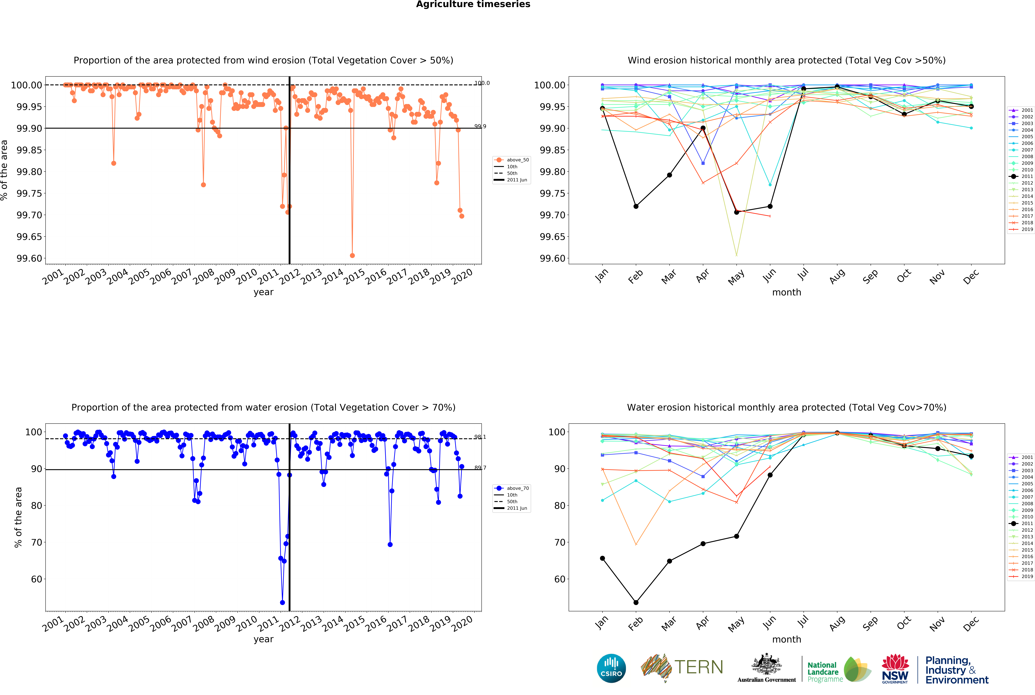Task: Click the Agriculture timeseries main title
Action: [x=473, y=4]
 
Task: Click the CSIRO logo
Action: [x=611, y=668]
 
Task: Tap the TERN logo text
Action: [x=698, y=667]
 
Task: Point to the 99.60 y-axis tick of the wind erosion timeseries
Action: [x=29, y=258]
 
